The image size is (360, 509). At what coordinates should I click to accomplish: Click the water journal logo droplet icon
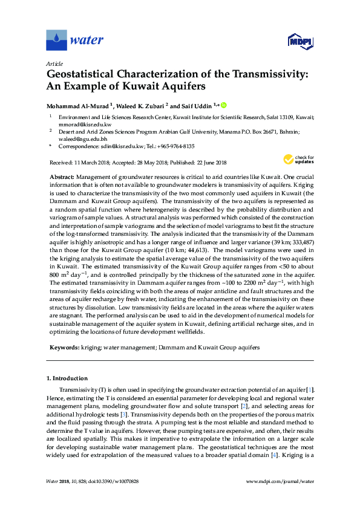[57, 41]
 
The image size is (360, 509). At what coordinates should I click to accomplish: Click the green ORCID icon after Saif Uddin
[223, 105]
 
